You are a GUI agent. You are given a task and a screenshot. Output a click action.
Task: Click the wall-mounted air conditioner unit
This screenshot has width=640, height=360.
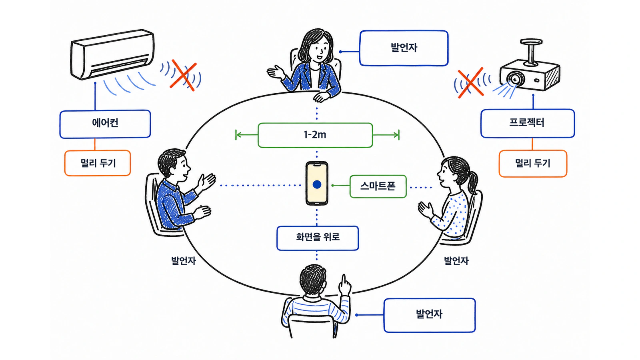coord(112,54)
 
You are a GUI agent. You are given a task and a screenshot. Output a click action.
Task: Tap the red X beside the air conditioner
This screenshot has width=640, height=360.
coord(183,75)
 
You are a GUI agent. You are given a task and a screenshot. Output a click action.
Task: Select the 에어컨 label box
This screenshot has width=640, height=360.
coord(105,124)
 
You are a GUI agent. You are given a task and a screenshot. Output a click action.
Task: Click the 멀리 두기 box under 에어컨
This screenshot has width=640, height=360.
coord(98,163)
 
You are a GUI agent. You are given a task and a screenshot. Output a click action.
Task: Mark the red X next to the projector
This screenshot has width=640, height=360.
coord(470,83)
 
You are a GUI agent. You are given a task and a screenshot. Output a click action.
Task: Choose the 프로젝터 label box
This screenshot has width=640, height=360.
coord(528,123)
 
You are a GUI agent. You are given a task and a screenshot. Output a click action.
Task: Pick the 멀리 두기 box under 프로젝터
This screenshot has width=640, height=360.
coord(533,164)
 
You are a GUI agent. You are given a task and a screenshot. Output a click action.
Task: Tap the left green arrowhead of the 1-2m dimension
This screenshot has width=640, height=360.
coord(238,135)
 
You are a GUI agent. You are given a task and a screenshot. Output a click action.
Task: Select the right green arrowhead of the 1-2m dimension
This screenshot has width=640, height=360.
coord(396,135)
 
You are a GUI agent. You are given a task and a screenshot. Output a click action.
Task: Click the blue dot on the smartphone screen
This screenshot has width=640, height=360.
coord(317,184)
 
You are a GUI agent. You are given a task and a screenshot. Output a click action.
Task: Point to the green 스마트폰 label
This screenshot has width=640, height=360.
coord(378,186)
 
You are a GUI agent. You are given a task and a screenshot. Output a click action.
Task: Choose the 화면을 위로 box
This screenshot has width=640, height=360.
coord(318,238)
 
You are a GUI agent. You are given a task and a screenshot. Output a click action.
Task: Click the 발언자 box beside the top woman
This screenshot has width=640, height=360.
coord(404,48)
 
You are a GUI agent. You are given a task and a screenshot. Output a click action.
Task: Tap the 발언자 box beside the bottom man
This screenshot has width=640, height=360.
coord(430,315)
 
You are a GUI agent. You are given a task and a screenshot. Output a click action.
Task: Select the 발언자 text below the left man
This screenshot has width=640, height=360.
coord(184,260)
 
